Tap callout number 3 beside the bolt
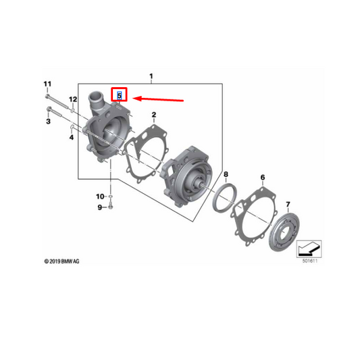48,122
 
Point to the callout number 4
70,137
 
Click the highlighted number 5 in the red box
120,96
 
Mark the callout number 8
226,174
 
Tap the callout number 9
99,207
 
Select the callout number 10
99,197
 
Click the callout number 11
47,84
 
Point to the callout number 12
73,99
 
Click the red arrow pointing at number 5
159,99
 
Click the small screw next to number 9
112,207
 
